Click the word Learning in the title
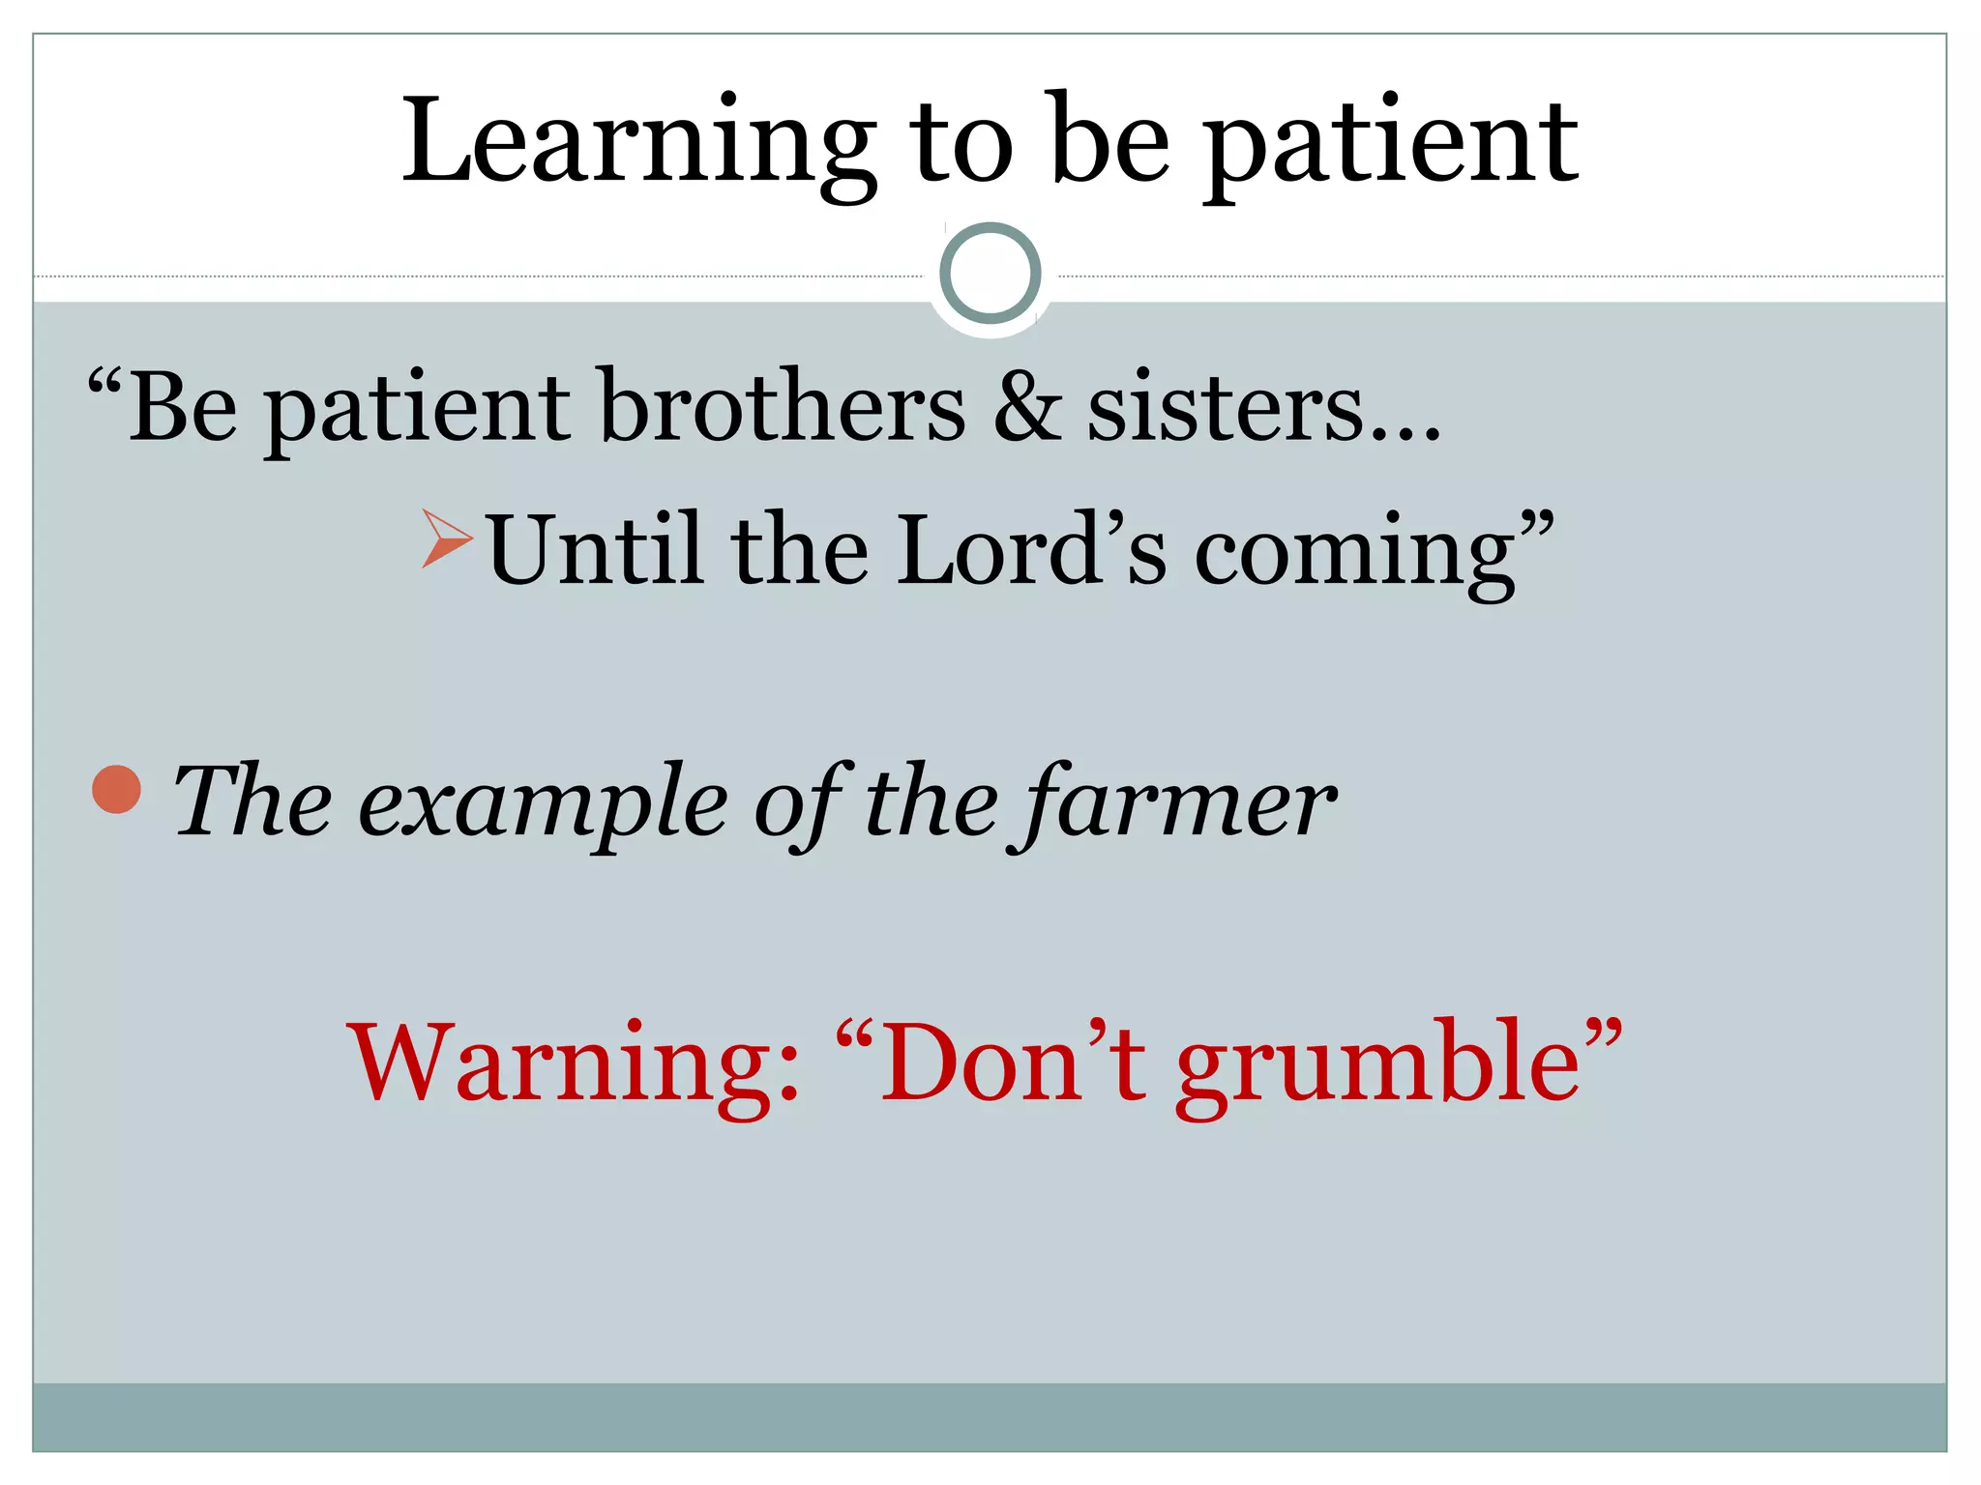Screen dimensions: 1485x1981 (x=637, y=143)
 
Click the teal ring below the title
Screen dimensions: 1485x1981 (x=990, y=273)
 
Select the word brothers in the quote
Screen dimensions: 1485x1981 (x=783, y=406)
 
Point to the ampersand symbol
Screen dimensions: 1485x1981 (x=1026, y=406)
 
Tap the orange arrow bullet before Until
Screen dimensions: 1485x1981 (x=447, y=538)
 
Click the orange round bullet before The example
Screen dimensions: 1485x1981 (x=117, y=789)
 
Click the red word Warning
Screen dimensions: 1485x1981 (x=575, y=1063)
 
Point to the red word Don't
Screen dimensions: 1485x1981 (x=1010, y=1063)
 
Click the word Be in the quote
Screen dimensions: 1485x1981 (x=183, y=406)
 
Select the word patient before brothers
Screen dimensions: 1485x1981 (x=417, y=410)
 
